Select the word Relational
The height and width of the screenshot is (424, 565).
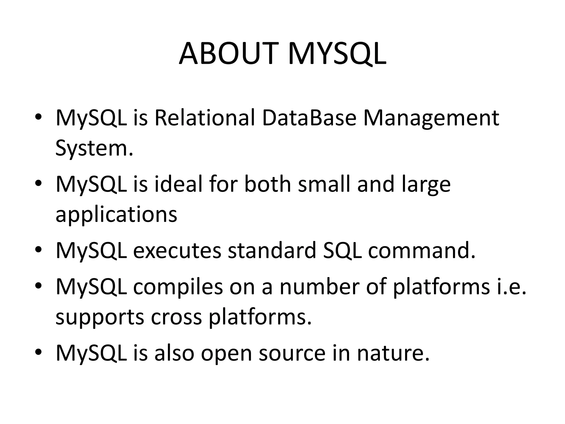204,118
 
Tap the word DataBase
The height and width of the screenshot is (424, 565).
309,118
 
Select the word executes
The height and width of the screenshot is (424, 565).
177,251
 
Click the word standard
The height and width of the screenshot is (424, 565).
272,251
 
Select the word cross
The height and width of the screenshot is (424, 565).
176,317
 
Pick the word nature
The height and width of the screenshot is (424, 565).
393,353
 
